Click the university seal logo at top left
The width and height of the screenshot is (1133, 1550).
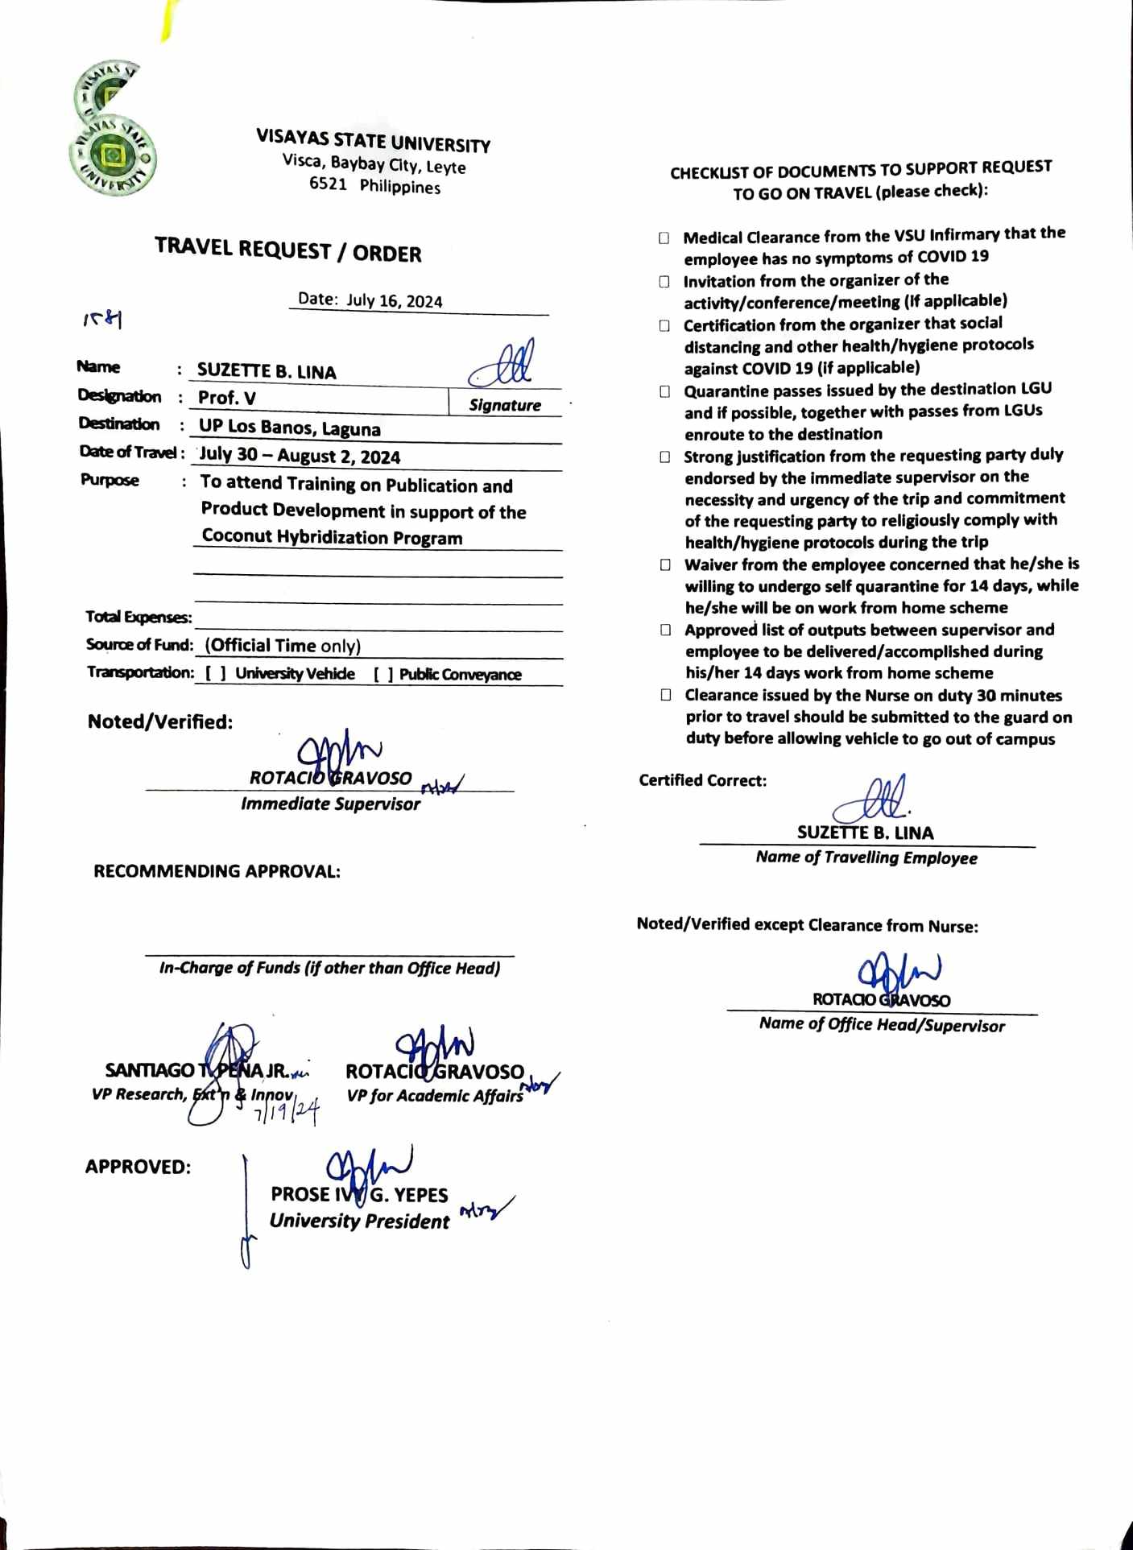113,129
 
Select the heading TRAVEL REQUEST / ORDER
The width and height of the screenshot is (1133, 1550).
288,250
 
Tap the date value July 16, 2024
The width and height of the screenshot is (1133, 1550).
395,301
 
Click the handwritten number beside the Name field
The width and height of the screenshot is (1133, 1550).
102,320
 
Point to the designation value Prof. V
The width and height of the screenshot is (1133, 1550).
227,398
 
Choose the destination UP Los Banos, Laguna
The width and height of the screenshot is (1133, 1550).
290,428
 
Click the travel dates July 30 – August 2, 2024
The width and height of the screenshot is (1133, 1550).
300,456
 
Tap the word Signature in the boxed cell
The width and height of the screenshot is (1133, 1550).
505,405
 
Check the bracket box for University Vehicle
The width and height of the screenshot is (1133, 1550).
216,674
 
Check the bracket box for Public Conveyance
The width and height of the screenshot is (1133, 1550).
383,675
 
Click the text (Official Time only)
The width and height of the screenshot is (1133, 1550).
283,646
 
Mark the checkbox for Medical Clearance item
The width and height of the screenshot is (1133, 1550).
664,238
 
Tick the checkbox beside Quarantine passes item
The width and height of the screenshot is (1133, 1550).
665,391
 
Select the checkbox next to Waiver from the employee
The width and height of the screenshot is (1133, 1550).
665,564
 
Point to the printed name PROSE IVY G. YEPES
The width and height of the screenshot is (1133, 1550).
359,1194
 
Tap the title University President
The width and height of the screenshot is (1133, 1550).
359,1221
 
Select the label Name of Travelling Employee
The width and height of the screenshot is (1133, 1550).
866,858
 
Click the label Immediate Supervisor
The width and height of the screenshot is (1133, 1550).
330,804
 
